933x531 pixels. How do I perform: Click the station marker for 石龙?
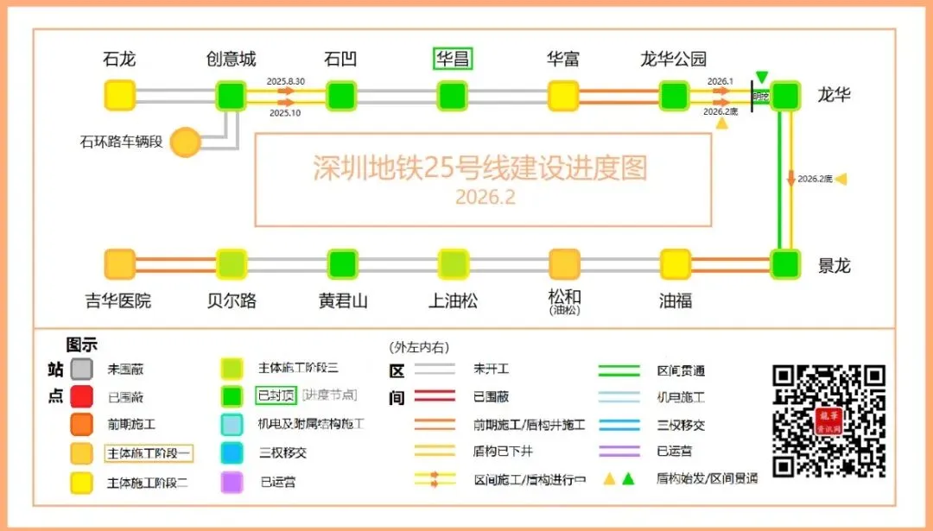click(x=120, y=95)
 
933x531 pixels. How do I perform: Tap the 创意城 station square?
click(x=231, y=95)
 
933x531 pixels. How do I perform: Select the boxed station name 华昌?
click(x=453, y=59)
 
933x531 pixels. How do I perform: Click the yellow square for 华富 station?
click(x=563, y=95)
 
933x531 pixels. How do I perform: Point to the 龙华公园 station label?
click(x=673, y=59)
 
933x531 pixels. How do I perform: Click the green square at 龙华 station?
click(x=785, y=95)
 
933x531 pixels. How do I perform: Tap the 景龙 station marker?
click(x=785, y=263)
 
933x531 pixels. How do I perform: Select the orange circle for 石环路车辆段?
click(x=185, y=142)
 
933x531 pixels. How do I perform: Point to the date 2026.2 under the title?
click(x=485, y=198)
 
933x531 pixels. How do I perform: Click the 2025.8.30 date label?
click(x=286, y=81)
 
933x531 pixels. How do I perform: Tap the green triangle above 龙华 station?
click(x=761, y=77)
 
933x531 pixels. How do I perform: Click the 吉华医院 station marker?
click(x=120, y=263)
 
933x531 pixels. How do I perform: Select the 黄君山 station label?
click(x=343, y=300)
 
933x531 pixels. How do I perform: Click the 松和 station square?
click(x=564, y=263)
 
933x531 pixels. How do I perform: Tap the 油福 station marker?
click(x=675, y=263)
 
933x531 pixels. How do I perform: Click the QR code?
click(x=828, y=420)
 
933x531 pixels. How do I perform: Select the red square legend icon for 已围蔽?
click(x=82, y=396)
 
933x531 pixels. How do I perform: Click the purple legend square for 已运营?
click(x=232, y=481)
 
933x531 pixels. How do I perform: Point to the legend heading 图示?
click(x=82, y=345)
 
